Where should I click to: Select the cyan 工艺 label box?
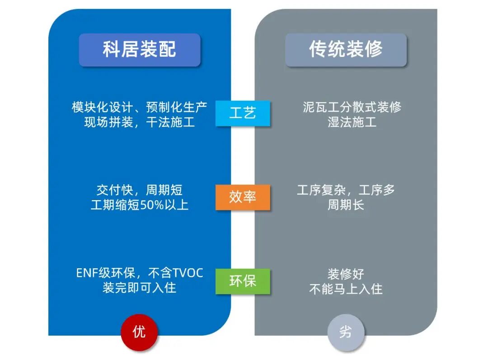tap(243, 113)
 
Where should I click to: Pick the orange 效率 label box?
tap(243, 197)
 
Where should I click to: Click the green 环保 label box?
tap(243, 281)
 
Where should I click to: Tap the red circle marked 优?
tap(139, 332)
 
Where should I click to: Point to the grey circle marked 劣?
tap(346, 333)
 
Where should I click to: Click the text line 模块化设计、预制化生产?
tap(139, 108)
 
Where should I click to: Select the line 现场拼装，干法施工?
tap(139, 122)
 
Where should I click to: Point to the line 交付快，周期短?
tap(139, 190)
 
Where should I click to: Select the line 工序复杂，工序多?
tap(346, 190)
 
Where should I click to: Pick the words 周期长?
tap(346, 205)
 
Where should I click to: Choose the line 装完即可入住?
tap(139, 288)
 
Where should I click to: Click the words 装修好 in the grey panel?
tap(346, 274)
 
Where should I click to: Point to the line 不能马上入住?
tap(346, 289)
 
